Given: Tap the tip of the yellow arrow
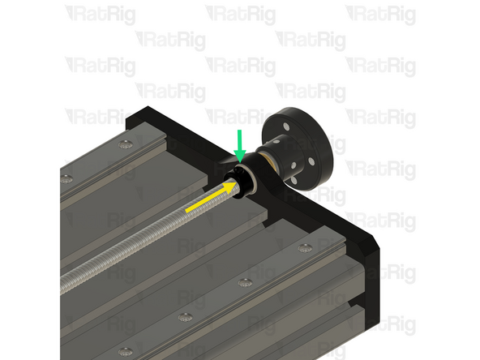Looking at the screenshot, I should pos(242,186).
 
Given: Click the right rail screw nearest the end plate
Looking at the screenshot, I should pos(304,247).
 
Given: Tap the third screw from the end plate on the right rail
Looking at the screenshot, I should pos(186,316).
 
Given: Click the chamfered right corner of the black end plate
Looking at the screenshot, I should pos(372,247).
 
